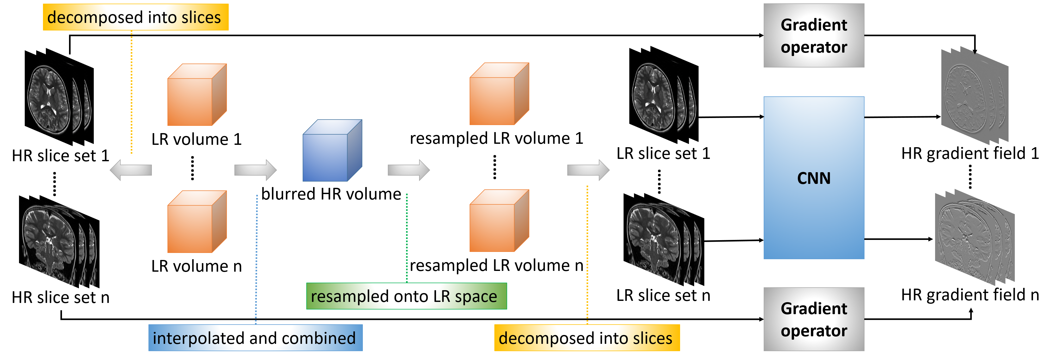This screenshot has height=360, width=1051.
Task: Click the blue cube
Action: click(x=331, y=151)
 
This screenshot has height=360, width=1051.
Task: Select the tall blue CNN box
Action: click(x=813, y=178)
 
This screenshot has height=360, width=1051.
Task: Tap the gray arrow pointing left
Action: click(x=130, y=170)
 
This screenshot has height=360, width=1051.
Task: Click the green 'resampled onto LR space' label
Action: click(x=406, y=296)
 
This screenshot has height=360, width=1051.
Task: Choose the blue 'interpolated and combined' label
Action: click(x=255, y=338)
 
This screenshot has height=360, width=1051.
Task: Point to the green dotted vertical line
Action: click(x=407, y=237)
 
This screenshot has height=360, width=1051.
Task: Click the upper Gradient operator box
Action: click(x=813, y=35)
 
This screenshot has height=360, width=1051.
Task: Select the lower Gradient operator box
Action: click(x=813, y=319)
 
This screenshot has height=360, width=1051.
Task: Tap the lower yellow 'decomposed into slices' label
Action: click(x=587, y=338)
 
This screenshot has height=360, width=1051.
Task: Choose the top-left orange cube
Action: click(x=197, y=95)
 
